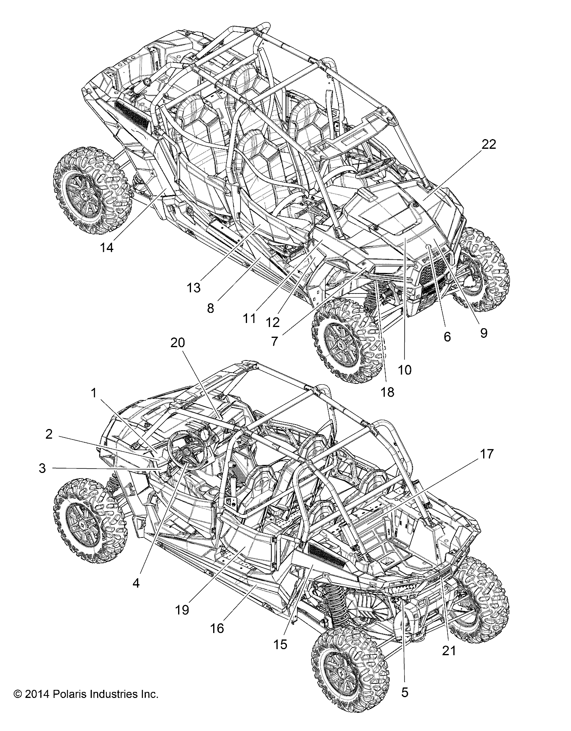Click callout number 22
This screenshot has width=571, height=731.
[488, 144]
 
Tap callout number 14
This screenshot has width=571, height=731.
[107, 247]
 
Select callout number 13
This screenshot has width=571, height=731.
[193, 288]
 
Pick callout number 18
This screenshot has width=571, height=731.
[387, 392]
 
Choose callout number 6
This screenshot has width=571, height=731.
[447, 337]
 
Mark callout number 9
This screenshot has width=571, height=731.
[484, 333]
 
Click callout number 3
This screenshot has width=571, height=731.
[42, 469]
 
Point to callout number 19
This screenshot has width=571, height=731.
[182, 610]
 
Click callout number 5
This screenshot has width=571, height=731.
[405, 693]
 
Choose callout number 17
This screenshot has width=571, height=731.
[486, 454]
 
